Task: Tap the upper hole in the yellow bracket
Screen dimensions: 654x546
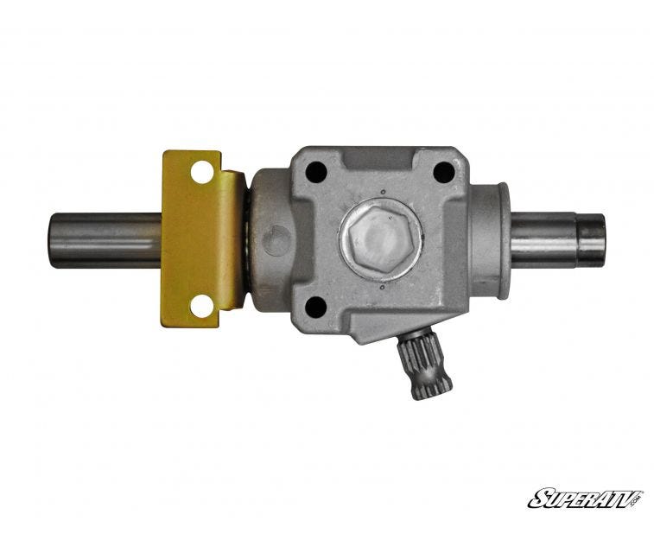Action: pyautogui.click(x=202, y=172)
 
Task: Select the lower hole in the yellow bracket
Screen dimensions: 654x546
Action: pyautogui.click(x=202, y=306)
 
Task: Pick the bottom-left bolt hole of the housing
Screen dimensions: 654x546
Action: pyautogui.click(x=315, y=307)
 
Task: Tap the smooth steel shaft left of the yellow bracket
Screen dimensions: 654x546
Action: pyautogui.click(x=106, y=240)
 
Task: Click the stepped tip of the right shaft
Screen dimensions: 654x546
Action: pyautogui.click(x=590, y=239)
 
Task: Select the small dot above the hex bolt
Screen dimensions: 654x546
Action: pyautogui.click(x=383, y=193)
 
